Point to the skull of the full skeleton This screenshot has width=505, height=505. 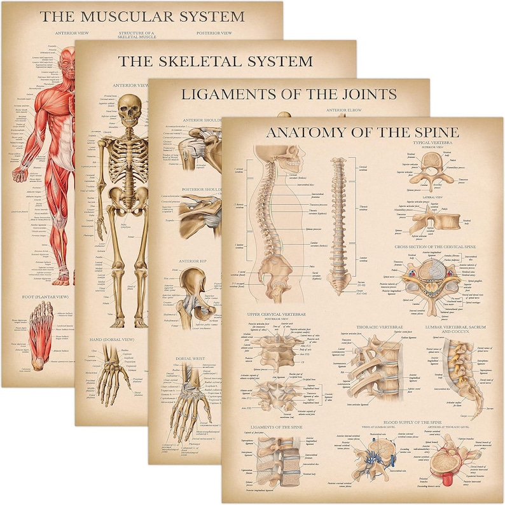click(130, 109)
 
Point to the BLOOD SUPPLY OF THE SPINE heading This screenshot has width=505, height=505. click(394, 422)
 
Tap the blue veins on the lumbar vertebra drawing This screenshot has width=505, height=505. click(370, 453)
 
